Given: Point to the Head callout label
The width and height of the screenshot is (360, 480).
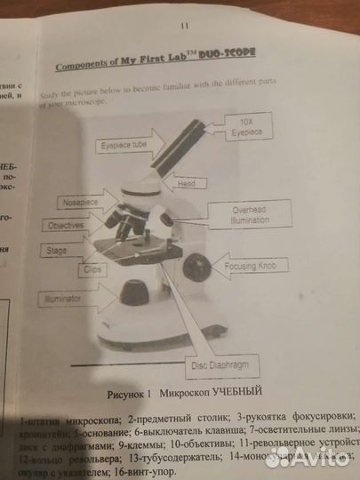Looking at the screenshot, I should (x=186, y=184).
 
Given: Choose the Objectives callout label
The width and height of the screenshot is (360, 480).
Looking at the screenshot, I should (x=67, y=226).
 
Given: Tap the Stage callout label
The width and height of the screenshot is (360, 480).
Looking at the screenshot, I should (x=58, y=251).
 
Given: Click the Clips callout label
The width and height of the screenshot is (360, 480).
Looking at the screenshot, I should (x=91, y=267).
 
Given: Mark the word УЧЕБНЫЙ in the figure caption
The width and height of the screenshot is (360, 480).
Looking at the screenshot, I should (x=234, y=391).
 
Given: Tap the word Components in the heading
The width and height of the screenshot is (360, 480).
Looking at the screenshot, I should (x=86, y=65).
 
